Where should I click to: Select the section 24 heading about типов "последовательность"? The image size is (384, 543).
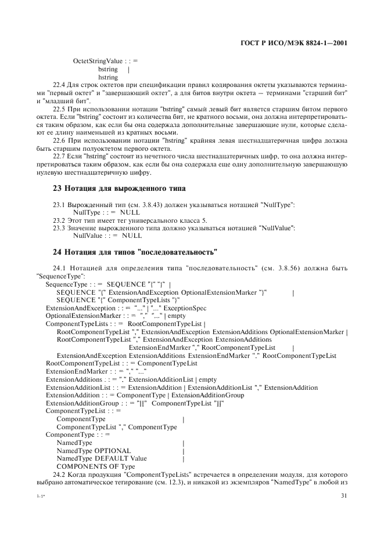135,252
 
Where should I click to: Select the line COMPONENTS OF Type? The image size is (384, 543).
96,466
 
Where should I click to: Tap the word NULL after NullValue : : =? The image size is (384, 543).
132,236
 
